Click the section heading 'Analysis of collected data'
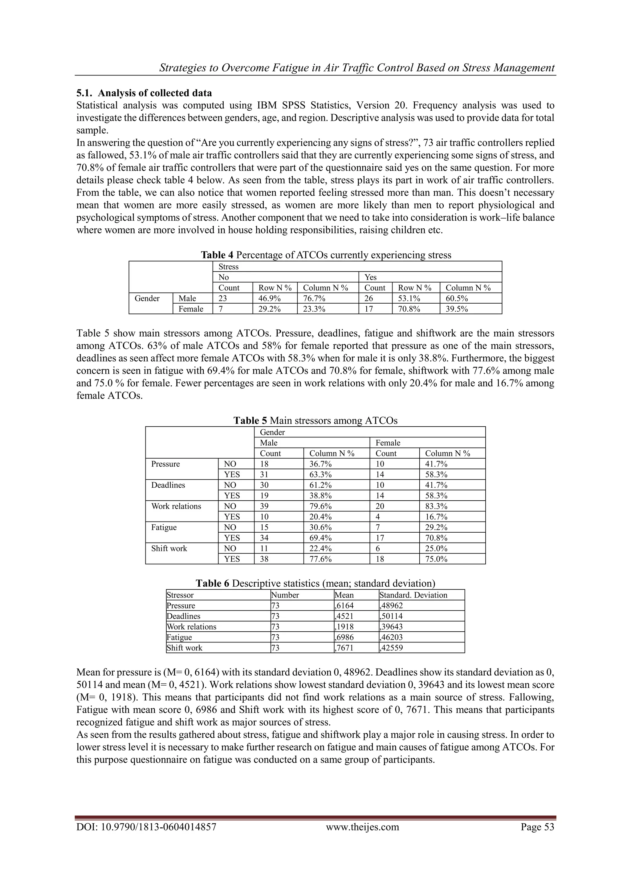[x=154, y=93]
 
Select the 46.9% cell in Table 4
[x=269, y=298]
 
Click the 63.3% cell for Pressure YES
[x=320, y=474]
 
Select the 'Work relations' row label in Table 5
[x=176, y=506]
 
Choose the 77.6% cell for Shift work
[x=320, y=559]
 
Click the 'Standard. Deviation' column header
[x=413, y=595]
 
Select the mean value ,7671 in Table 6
[x=344, y=648]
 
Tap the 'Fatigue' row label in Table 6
[x=179, y=637]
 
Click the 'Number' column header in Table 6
[x=285, y=595]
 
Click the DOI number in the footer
[x=146, y=827]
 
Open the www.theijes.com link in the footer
[x=362, y=827]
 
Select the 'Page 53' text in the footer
[x=537, y=827]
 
